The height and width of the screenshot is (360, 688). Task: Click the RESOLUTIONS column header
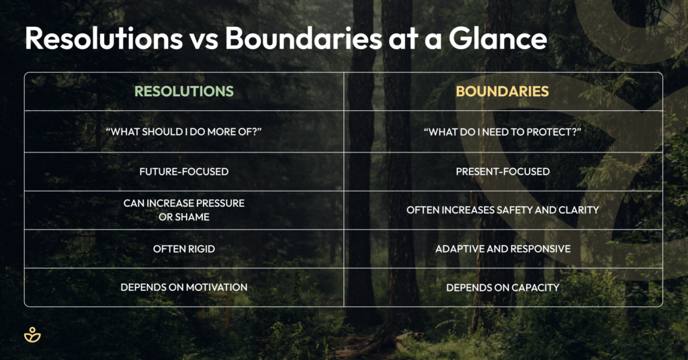[184, 91]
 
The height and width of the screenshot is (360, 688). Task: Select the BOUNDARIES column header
[503, 91]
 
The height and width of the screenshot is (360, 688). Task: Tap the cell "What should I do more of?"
[184, 132]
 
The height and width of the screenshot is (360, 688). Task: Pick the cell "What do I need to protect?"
[503, 132]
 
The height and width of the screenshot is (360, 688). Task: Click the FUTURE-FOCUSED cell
[184, 171]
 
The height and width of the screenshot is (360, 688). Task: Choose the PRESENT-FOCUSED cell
[503, 171]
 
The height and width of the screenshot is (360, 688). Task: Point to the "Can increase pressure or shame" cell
[184, 210]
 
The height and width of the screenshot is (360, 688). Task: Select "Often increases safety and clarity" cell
[503, 210]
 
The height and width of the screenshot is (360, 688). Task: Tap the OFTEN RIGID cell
[184, 249]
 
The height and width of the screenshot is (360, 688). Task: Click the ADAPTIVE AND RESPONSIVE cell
[503, 249]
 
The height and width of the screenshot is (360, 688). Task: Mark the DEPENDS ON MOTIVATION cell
[184, 287]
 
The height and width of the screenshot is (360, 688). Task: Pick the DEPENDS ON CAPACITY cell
[503, 287]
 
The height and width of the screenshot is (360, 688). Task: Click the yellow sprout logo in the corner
[32, 334]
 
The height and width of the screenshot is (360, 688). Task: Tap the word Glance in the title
[498, 38]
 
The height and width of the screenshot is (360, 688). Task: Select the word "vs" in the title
[204, 40]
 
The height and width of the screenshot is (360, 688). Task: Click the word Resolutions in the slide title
[104, 38]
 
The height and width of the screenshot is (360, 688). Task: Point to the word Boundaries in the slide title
[304, 38]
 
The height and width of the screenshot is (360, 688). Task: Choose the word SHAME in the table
[192, 217]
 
